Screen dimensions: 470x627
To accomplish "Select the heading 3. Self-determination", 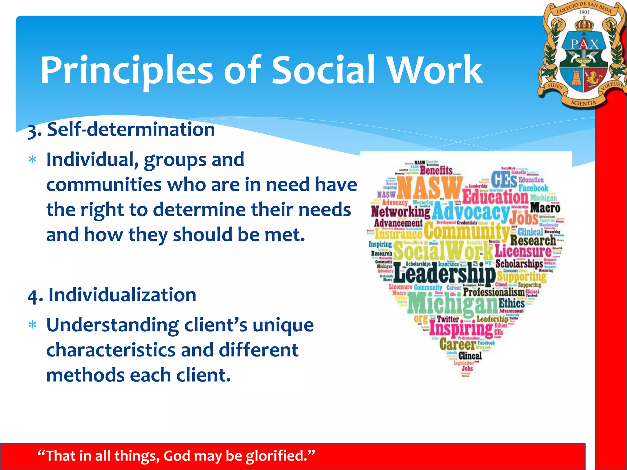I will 121,129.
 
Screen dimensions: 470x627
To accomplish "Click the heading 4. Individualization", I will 112,295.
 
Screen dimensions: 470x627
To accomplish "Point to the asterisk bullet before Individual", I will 32,160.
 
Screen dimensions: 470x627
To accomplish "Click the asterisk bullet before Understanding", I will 32,325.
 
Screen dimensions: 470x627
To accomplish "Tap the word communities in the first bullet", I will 104,185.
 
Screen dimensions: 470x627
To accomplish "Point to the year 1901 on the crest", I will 584,12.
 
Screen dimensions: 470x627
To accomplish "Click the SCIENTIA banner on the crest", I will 584,103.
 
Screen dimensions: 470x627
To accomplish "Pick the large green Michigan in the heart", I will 452,303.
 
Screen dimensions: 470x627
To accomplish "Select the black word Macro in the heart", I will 545,208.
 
